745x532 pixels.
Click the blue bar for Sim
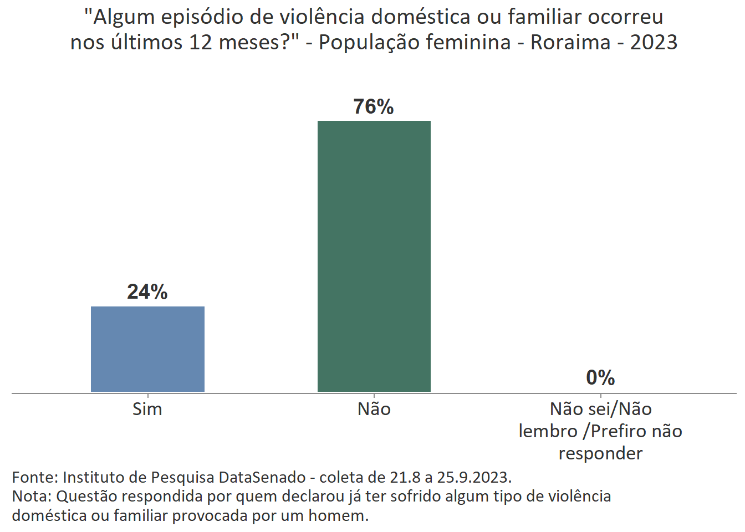[147, 349]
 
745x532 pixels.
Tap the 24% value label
[147, 292]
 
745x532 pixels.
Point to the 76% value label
[374, 106]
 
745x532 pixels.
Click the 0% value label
[600, 378]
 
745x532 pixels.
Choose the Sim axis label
[147, 409]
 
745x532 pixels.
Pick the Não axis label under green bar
[374, 409]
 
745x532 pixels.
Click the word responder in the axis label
[600, 453]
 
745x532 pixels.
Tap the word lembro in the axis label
[548, 431]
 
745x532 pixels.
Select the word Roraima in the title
[570, 42]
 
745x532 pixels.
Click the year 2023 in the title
[654, 42]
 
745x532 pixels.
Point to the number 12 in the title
[201, 42]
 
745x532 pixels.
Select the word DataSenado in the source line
[262, 477]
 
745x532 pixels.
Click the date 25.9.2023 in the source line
[474, 477]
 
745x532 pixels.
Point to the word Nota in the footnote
[31, 496]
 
